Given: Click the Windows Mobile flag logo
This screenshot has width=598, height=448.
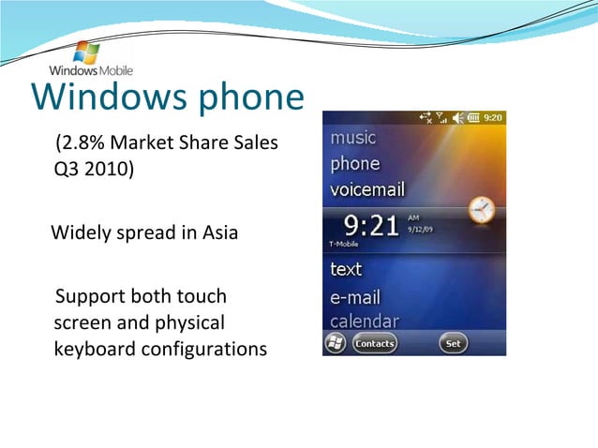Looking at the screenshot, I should click(x=86, y=52).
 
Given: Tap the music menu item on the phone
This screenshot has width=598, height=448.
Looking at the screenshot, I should click(x=353, y=138).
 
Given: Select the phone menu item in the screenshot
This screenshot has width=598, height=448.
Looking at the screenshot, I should click(x=355, y=164).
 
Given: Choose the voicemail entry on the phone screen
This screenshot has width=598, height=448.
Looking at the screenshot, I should click(x=367, y=189).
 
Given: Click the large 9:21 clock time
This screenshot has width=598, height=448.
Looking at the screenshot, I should click(x=374, y=225).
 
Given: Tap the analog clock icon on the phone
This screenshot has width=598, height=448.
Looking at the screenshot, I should click(x=481, y=210).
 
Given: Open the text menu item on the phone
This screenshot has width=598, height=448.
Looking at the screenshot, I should click(x=346, y=269).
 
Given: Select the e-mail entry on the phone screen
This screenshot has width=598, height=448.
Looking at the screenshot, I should click(x=355, y=296).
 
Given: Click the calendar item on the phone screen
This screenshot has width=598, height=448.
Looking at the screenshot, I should click(x=365, y=321).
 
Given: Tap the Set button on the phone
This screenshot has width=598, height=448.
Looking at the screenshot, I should click(x=453, y=344).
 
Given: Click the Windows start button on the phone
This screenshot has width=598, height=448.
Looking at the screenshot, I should click(x=335, y=344).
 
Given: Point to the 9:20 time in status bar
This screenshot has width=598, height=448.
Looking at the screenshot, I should click(x=493, y=117).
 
